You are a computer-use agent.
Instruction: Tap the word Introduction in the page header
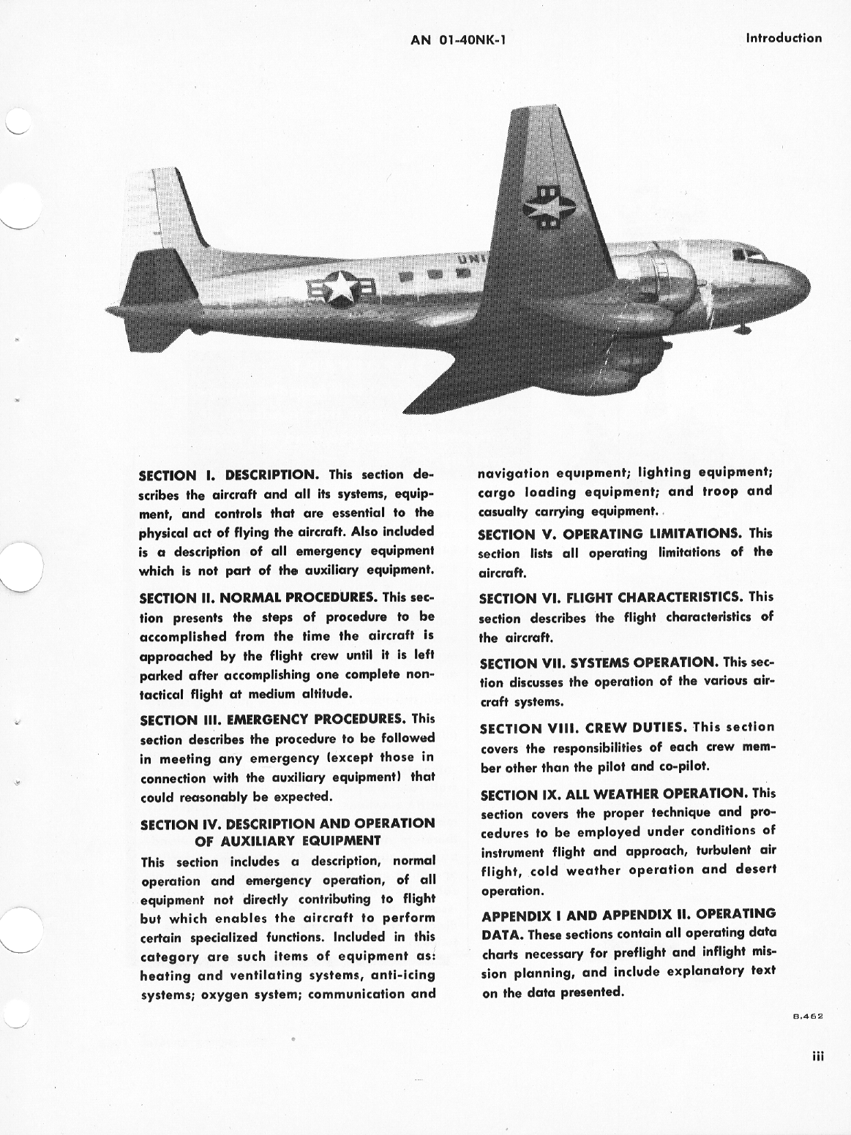coord(783,38)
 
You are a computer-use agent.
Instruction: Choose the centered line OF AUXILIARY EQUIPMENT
coord(288,840)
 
